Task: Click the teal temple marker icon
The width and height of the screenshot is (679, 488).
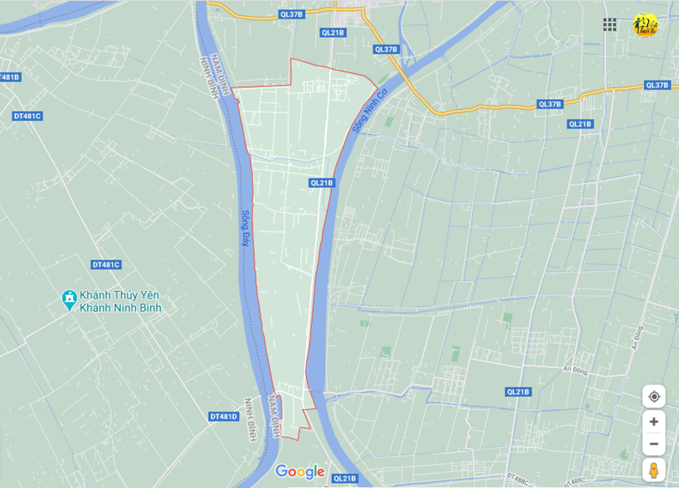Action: (69, 299)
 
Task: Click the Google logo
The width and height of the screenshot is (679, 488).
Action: (299, 472)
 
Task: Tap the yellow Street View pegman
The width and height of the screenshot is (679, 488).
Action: (654, 470)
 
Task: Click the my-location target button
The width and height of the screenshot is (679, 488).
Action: (654, 397)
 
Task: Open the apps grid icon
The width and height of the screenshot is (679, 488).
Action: (610, 25)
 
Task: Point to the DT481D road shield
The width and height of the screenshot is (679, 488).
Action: (224, 416)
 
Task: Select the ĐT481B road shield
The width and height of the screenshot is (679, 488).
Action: (9, 77)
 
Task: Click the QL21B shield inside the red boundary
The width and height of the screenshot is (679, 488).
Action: (321, 183)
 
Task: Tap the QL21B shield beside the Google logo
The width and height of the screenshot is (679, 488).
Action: (345, 479)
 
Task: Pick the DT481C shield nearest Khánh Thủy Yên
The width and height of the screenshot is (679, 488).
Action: (106, 265)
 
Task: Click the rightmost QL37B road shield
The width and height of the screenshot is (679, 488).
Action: (657, 85)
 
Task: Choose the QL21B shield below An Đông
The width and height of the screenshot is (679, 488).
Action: (518, 392)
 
